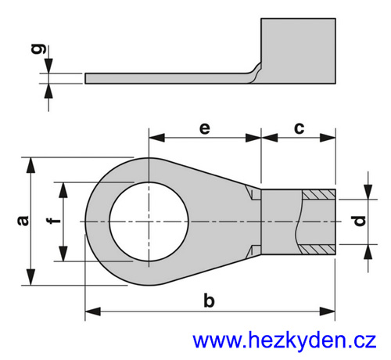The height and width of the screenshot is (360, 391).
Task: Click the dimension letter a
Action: pos(23,221)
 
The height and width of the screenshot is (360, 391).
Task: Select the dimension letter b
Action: pos(209,301)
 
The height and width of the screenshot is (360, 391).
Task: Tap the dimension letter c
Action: pos(300,128)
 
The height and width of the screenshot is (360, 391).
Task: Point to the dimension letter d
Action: pos(361,221)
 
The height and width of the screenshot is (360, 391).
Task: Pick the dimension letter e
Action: pos(205,128)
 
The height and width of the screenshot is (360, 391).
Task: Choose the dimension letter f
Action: pos(53,221)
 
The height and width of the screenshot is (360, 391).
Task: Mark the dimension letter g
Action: pos(38,49)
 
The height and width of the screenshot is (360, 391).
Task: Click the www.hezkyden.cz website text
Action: pos(285,340)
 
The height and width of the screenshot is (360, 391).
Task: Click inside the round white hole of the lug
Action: pos(149,221)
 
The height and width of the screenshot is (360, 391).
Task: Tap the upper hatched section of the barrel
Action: pos(318,195)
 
